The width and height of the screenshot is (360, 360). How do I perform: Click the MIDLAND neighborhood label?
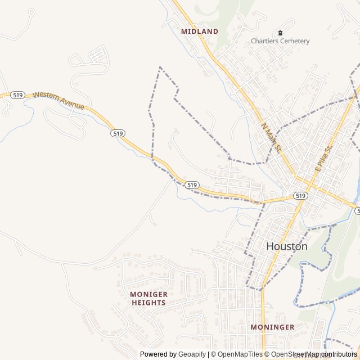[199, 31]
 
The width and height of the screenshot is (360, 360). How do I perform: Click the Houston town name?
[286, 246]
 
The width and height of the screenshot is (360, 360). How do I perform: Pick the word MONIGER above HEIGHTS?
[148, 294]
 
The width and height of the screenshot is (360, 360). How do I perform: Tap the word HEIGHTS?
[148, 303]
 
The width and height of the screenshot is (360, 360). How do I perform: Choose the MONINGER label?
[272, 327]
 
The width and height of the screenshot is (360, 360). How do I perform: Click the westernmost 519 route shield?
[17, 95]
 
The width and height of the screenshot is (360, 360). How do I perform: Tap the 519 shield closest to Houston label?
[300, 196]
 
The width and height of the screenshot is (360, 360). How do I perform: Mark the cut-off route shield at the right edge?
[357, 210]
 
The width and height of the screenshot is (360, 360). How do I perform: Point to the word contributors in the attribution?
[339, 354]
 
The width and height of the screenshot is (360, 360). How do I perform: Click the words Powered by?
[157, 354]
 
